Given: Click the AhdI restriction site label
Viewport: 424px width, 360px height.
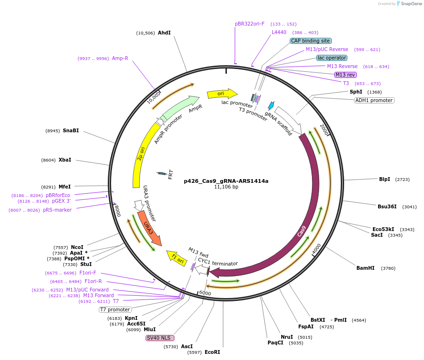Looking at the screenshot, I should [x=164, y=33].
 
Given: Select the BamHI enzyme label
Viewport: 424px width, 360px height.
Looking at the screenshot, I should [x=365, y=268].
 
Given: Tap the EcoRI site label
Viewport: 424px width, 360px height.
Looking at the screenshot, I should [x=212, y=352].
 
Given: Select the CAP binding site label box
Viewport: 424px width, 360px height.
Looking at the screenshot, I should [x=310, y=41].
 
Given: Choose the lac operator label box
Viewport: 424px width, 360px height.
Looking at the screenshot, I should [x=331, y=58].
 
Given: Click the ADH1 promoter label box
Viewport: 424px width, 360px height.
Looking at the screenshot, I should [x=374, y=100].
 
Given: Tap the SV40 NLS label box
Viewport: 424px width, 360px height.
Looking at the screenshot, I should [x=160, y=338].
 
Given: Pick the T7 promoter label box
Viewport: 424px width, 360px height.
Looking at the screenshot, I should [x=115, y=309].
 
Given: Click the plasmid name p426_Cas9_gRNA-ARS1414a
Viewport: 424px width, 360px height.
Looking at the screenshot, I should [x=226, y=181].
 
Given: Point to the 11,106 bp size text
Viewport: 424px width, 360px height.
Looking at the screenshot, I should [x=226, y=187].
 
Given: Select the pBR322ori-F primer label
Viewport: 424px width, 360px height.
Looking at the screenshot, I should [x=250, y=24].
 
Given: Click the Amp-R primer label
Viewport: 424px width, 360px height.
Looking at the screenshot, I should [x=120, y=58].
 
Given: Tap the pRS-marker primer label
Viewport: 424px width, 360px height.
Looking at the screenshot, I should [x=57, y=210].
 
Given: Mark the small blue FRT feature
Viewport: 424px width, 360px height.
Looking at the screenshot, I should [x=162, y=173].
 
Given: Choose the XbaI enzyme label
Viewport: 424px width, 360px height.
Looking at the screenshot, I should [x=65, y=160].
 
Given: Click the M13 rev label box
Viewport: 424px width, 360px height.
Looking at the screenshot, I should [x=346, y=75].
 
